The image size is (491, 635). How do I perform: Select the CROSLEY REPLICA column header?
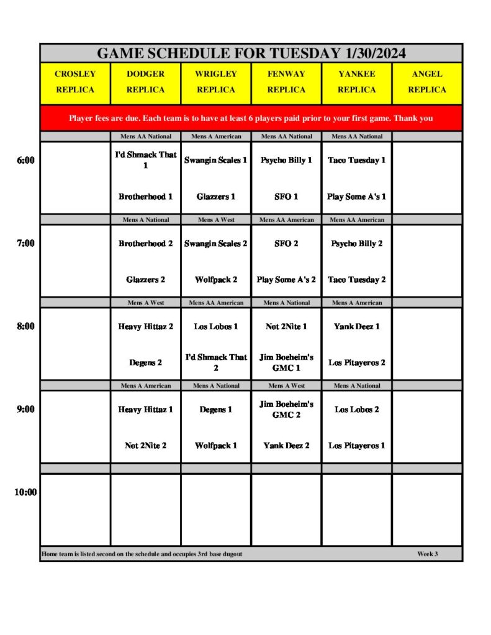[x=75, y=82]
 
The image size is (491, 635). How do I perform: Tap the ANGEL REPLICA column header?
[x=427, y=82]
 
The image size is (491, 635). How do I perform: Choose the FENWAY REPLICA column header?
[x=286, y=82]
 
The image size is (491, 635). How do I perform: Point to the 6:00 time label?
[x=25, y=160]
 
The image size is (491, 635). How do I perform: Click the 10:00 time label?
[x=25, y=492]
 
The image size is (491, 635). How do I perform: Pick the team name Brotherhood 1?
[x=145, y=197]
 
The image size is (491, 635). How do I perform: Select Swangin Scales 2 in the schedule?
[x=215, y=244]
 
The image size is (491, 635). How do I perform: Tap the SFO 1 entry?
[x=286, y=197]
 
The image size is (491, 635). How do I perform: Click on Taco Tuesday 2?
[x=356, y=280]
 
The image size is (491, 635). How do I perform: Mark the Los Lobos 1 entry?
[x=215, y=326]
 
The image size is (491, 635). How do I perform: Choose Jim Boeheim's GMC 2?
[x=286, y=409]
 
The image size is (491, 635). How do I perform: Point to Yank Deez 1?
[x=356, y=326]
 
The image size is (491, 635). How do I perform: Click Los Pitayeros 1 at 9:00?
[x=356, y=445]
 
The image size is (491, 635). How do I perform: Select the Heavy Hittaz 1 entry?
[x=145, y=409]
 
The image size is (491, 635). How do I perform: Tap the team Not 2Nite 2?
[x=145, y=445]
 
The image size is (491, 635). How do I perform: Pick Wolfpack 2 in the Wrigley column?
[x=215, y=280]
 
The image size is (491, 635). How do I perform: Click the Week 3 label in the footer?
[x=427, y=554]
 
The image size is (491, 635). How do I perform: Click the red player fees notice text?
[x=251, y=118]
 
